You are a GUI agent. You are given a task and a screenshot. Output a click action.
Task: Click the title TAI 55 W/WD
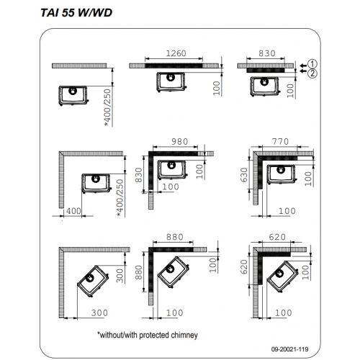pos(76,13)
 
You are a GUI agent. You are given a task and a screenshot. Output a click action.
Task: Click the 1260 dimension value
pos(176,53)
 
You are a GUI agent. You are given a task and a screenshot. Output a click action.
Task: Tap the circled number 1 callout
pos(312,64)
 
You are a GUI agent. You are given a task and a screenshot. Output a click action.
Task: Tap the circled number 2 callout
pos(312,73)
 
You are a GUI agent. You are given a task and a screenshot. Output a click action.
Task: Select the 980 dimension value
pos(180,142)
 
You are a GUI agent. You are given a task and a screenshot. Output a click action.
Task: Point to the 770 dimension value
pos(280,142)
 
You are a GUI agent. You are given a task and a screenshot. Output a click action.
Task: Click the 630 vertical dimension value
pos(244,175)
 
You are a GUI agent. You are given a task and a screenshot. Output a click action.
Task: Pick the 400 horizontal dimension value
pos(73,211)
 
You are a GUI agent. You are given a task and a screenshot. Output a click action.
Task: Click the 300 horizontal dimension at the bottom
pos(99,313)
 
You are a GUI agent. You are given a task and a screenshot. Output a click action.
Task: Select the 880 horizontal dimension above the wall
pos(175,237)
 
